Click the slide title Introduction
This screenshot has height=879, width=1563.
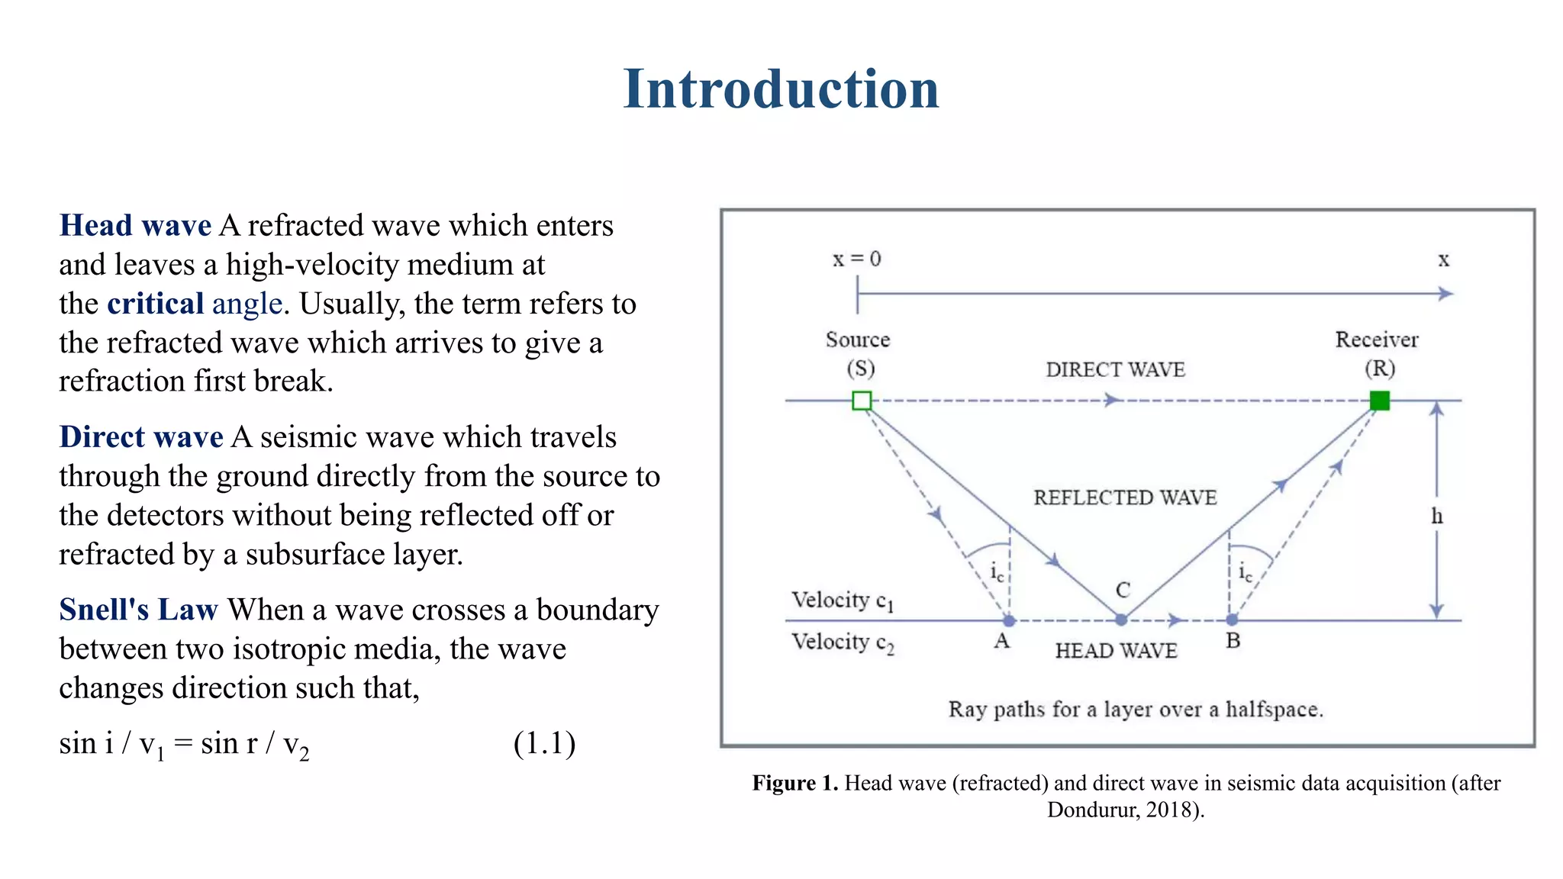click(x=781, y=89)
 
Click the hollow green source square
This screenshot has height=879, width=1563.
click(x=862, y=401)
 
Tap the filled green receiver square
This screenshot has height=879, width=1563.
click(x=1379, y=401)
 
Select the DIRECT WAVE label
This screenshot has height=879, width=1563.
click(x=1115, y=370)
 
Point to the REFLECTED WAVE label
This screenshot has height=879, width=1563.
click(x=1125, y=497)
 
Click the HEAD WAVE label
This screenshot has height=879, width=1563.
click(x=1116, y=651)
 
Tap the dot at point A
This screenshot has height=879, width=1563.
click(x=1009, y=620)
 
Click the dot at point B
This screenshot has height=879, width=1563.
click(x=1232, y=620)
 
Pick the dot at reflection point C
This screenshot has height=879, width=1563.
click(x=1121, y=620)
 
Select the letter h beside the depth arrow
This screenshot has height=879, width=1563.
click(x=1437, y=517)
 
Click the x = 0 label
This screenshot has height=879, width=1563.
click(x=856, y=259)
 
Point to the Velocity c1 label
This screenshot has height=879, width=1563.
click(x=842, y=601)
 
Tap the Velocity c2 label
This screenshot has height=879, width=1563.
click(x=842, y=643)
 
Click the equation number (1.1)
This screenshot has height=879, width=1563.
click(x=544, y=743)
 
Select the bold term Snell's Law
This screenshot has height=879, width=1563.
click(x=138, y=610)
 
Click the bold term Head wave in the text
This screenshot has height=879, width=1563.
click(x=135, y=226)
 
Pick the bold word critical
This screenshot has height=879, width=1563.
click(x=155, y=304)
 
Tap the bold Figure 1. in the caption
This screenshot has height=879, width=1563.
click(x=794, y=784)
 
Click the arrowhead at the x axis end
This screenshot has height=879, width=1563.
click(x=1445, y=294)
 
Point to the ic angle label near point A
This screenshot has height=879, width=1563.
click(x=997, y=572)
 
